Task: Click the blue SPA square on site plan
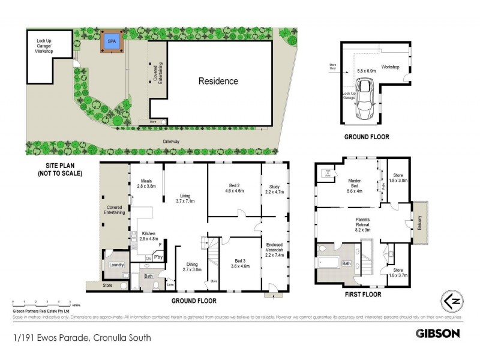pyautogui.click(x=110, y=42)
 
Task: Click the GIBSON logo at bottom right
pyautogui.click(x=438, y=332)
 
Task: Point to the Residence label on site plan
pyautogui.click(x=218, y=81)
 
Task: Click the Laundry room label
pyautogui.click(x=115, y=265)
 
